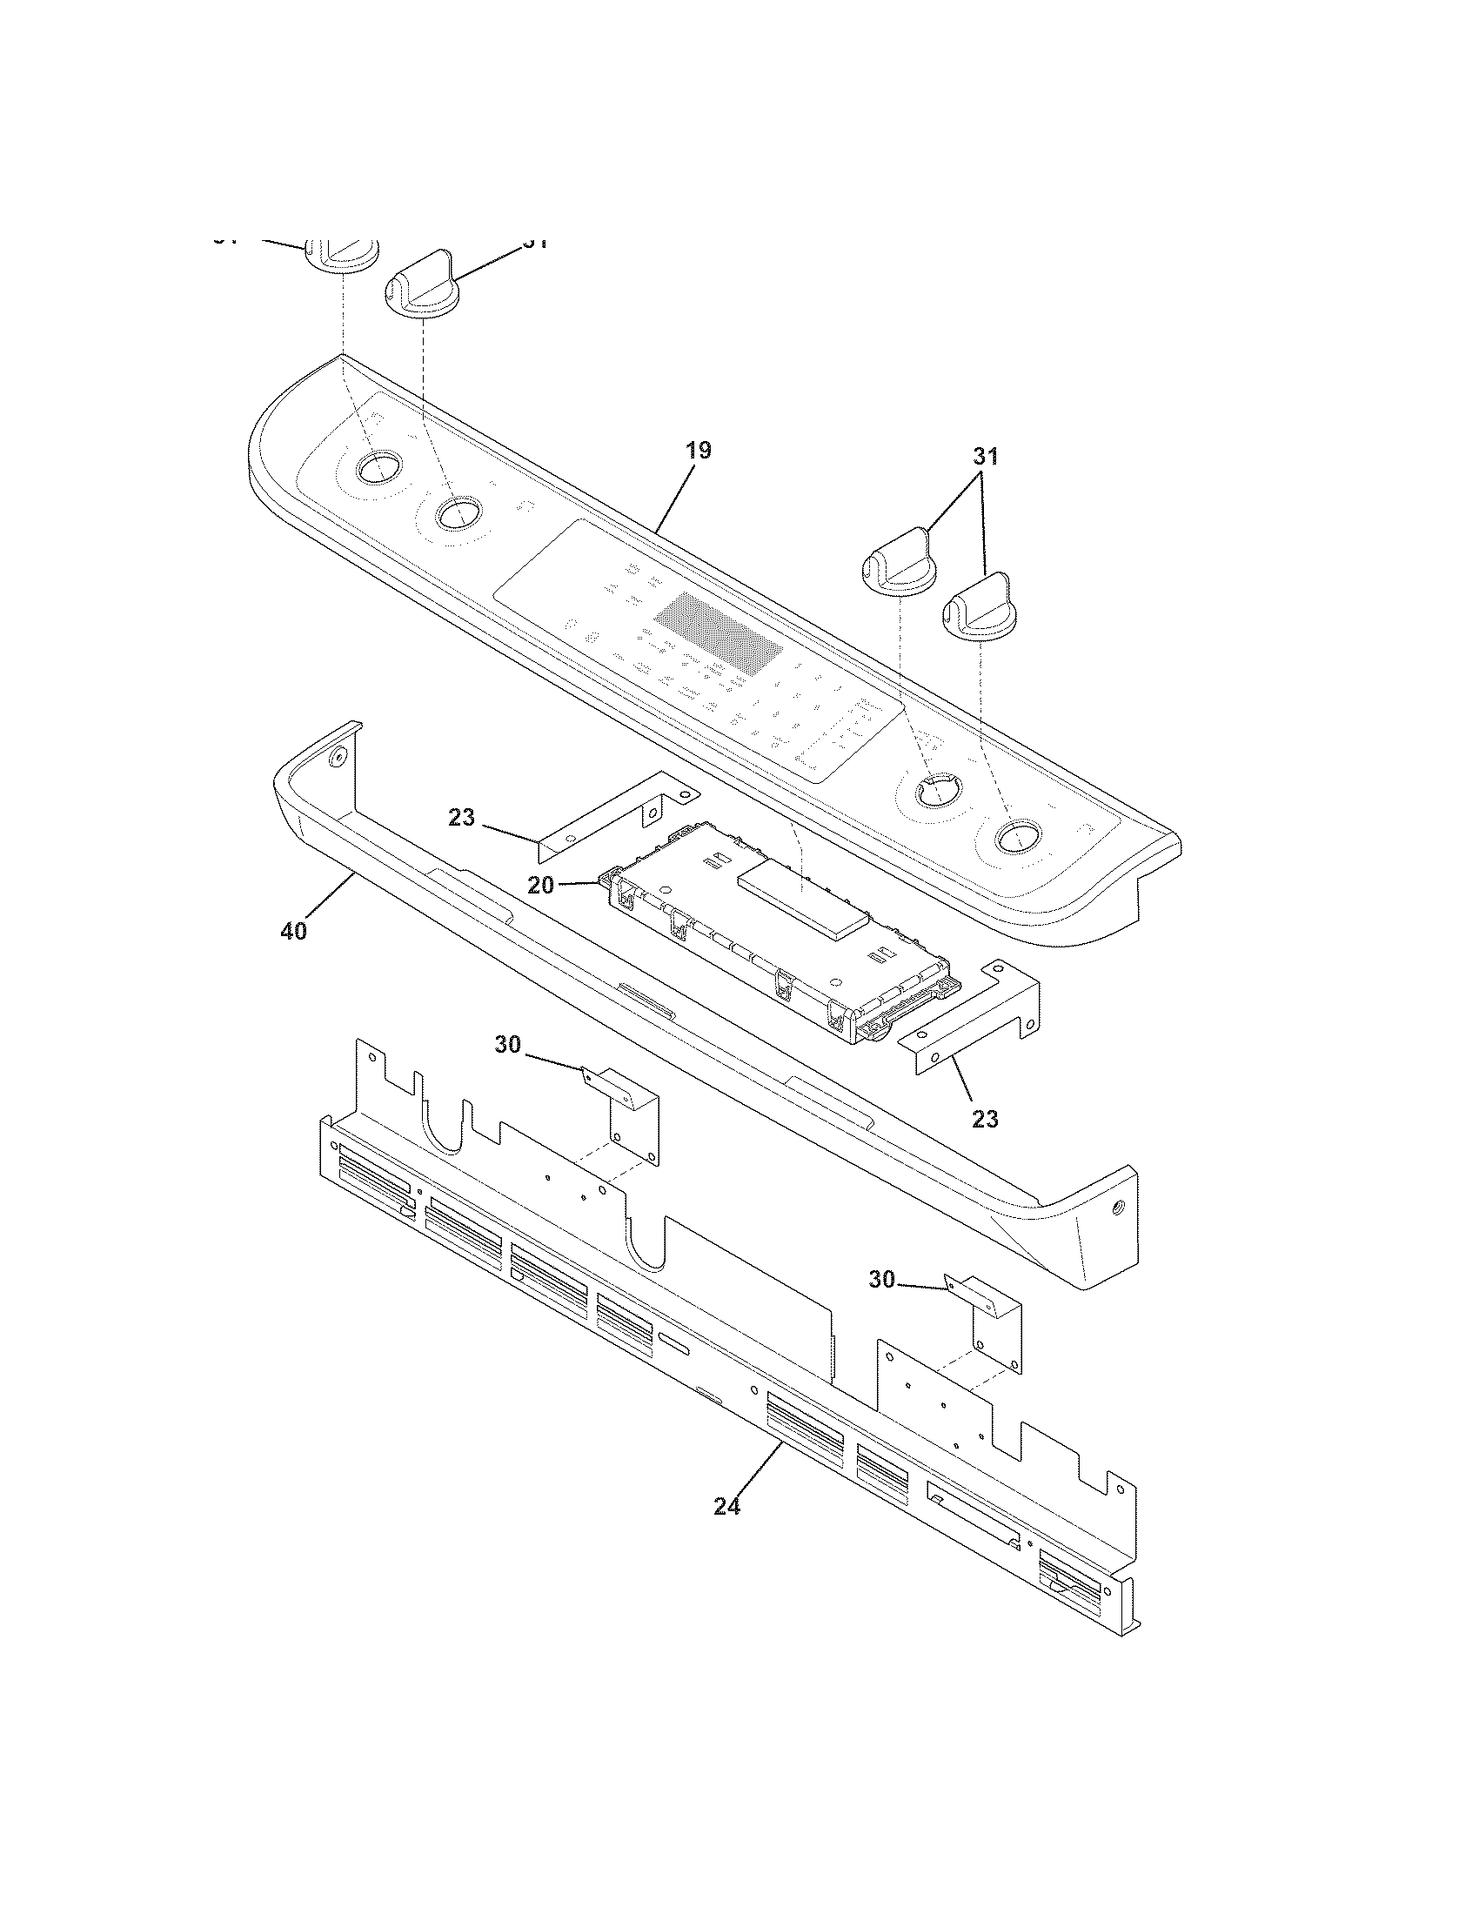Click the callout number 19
pos(699,451)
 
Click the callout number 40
pos(294,932)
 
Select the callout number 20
pos(540,885)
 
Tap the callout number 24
pos(726,1506)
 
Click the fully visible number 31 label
pos(985,456)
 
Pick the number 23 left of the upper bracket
pos(462,817)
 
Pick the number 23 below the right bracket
pos(985,1119)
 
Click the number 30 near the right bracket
pos(882,1281)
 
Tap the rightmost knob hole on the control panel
pos(1014,836)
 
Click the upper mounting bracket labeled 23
pos(613,811)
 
